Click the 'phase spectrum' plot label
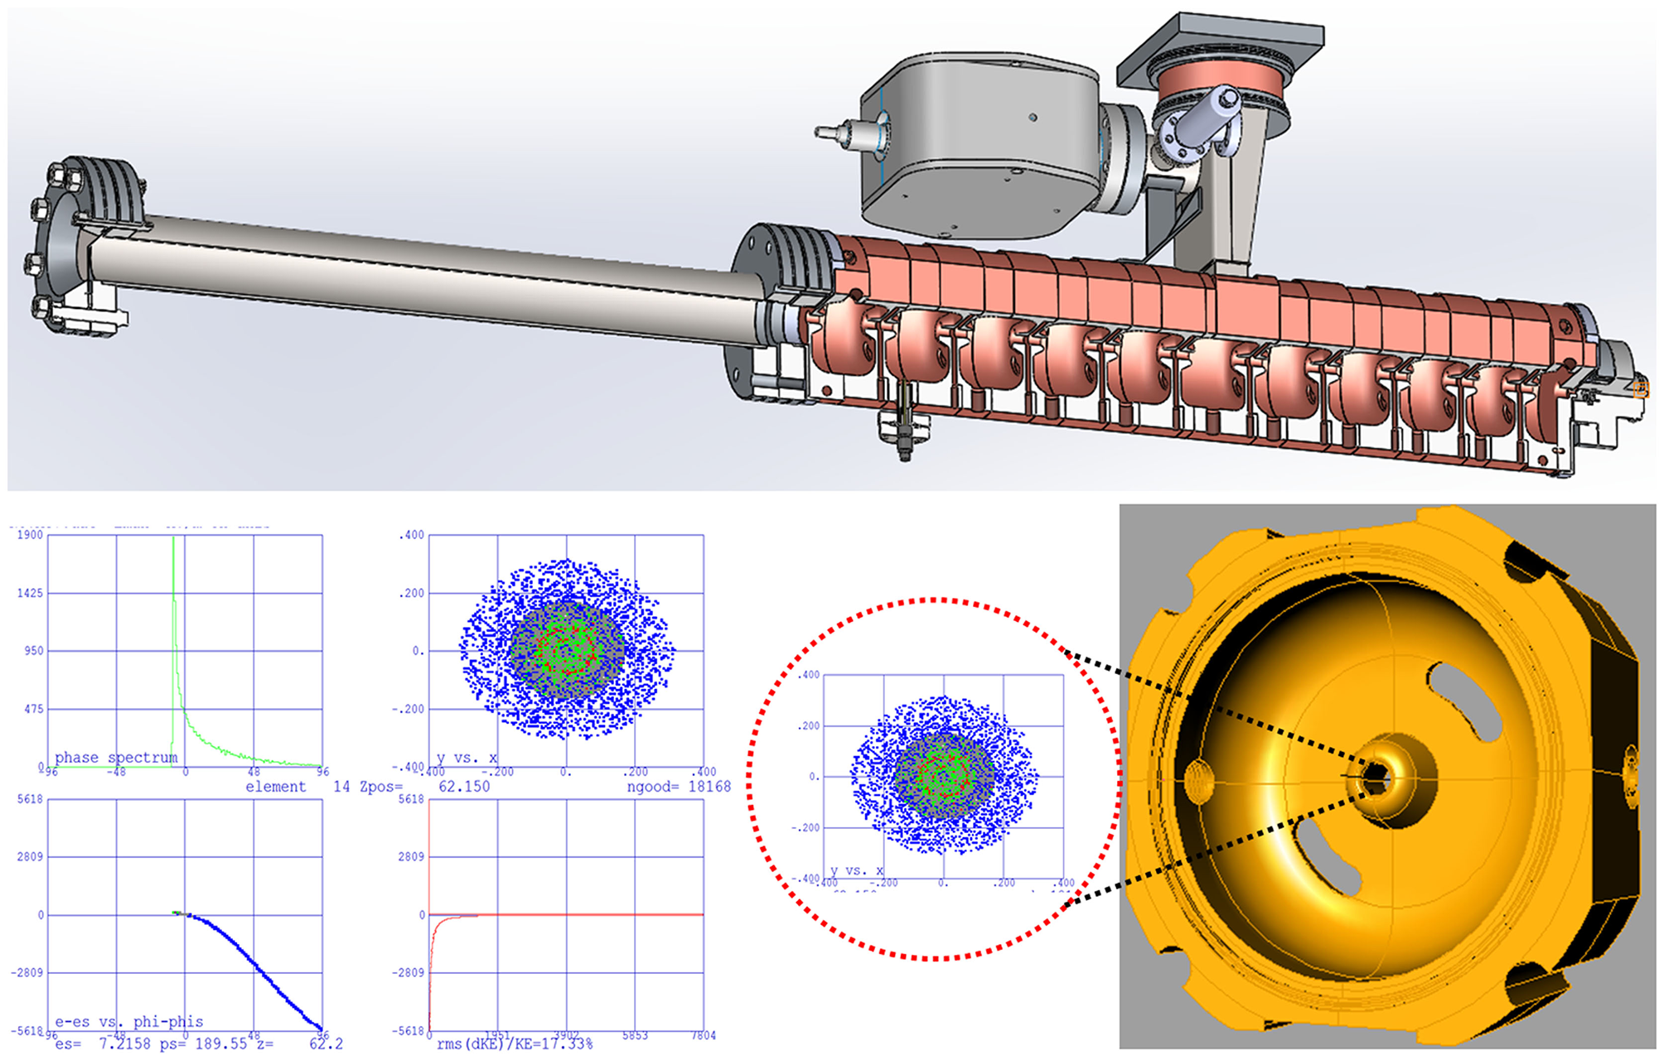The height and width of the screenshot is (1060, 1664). pyautogui.click(x=116, y=757)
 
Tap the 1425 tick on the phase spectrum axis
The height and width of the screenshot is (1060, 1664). pyautogui.click(x=30, y=593)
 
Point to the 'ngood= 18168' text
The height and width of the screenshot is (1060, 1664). pyautogui.click(x=679, y=787)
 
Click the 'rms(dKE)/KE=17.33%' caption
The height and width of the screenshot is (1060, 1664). pyautogui.click(x=515, y=1043)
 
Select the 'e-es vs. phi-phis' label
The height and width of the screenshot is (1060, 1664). pyautogui.click(x=128, y=1021)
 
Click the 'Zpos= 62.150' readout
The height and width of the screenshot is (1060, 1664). pyautogui.click(x=424, y=787)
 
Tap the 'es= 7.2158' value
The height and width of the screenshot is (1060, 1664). pyautogui.click(x=103, y=1043)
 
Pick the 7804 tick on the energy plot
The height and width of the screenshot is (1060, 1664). pyautogui.click(x=703, y=1035)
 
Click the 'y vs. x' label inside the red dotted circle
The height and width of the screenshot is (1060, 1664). pyautogui.click(x=857, y=870)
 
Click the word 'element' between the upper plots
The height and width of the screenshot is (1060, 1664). pyautogui.click(x=275, y=787)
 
